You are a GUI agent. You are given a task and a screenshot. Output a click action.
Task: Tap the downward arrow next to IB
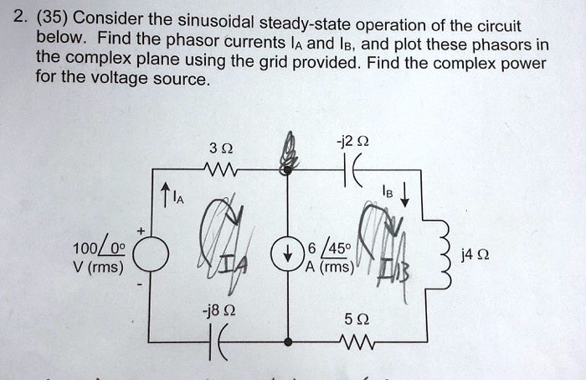[404, 197]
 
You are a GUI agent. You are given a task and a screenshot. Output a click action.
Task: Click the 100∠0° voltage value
[100, 249]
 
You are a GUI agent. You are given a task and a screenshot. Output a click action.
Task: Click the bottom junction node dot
[287, 341]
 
